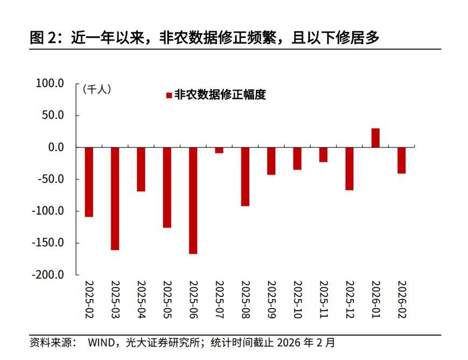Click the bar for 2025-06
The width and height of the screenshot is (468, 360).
(x=193, y=200)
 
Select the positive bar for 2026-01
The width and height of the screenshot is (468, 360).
(x=375, y=138)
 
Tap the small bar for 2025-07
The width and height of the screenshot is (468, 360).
(x=219, y=150)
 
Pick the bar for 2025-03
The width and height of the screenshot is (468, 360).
(x=115, y=198)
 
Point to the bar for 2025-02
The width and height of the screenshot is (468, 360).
(x=89, y=182)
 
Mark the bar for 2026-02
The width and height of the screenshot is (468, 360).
(x=401, y=161)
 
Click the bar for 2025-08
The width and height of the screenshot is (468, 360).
(x=245, y=177)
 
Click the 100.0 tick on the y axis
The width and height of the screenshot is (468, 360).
(x=50, y=84)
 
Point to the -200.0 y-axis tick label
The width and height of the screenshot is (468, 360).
(x=48, y=275)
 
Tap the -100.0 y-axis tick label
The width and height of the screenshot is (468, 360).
(x=48, y=211)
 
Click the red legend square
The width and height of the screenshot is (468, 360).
(x=169, y=95)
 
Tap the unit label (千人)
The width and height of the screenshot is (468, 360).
(x=97, y=89)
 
